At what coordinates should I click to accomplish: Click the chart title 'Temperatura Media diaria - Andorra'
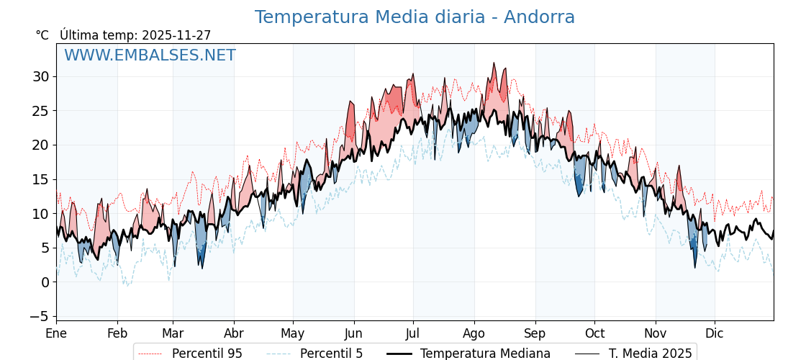(415, 17)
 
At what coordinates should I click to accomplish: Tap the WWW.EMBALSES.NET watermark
(150, 55)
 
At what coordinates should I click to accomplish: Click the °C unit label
(42, 35)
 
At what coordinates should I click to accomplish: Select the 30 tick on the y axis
(41, 76)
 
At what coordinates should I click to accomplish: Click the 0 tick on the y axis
(45, 282)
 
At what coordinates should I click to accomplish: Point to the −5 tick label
(41, 316)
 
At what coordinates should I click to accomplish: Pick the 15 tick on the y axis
(41, 179)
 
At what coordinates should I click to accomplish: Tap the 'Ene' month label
(56, 333)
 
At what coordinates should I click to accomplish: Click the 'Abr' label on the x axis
(234, 333)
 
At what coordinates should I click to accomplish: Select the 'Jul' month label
(413, 333)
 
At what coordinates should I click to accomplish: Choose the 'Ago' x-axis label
(474, 333)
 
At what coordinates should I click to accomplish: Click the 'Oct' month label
(594, 333)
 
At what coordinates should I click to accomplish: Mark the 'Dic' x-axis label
(715, 333)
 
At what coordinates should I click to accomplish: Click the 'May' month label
(293, 333)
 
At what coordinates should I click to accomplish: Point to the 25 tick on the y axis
(41, 111)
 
